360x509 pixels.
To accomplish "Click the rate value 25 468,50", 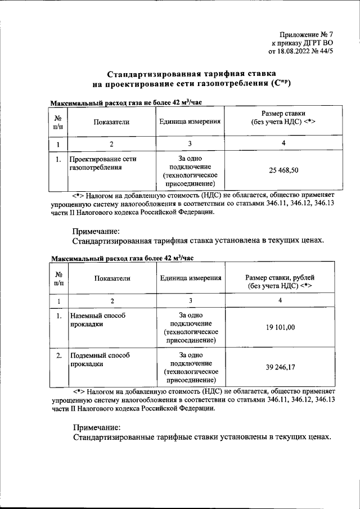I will click(x=283, y=170).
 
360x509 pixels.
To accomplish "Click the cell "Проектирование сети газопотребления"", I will click(x=103, y=163).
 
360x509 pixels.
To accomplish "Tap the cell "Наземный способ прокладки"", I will click(x=97, y=320).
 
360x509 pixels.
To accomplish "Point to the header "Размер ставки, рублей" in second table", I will click(x=280, y=278).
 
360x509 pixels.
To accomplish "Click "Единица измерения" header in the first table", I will click(x=190, y=121).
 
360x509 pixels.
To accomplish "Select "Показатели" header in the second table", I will click(x=112, y=278).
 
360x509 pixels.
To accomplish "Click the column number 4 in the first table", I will click(x=283, y=144).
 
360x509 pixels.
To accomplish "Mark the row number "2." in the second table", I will click(x=59, y=356).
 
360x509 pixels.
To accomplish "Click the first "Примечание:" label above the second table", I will click(x=96, y=231).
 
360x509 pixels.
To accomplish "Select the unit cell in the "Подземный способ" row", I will click(x=191, y=368).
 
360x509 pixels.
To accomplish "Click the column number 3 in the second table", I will click(x=191, y=301).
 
